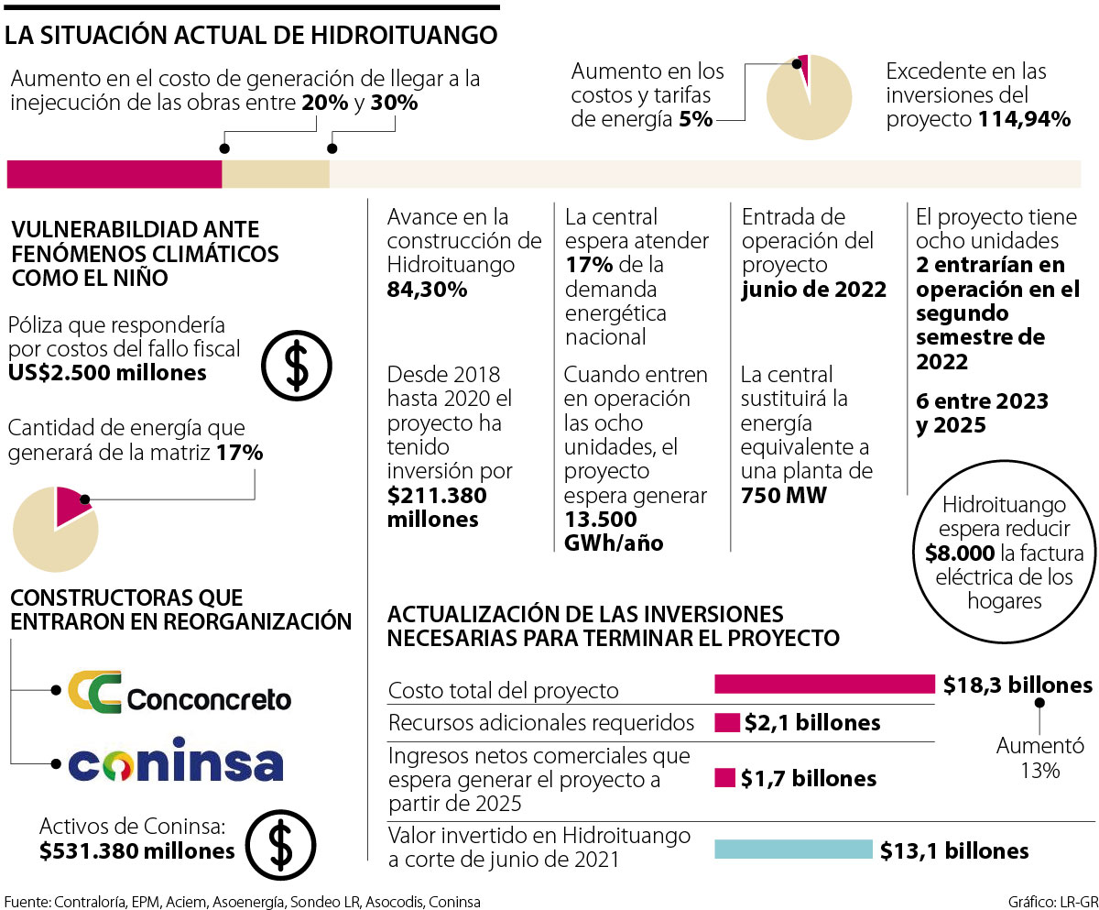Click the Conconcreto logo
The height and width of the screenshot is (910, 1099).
[180, 692]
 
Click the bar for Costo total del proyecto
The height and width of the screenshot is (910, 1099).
[824, 685]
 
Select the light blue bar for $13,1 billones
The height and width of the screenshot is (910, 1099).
[793, 850]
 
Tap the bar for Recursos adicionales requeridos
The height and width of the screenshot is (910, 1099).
[726, 723]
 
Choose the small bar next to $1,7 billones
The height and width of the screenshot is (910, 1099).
[724, 778]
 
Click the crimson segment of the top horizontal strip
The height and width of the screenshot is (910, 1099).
[114, 174]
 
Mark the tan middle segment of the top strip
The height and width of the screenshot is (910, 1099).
[276, 174]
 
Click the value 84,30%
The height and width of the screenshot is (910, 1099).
[428, 291]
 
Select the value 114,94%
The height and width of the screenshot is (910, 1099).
[1024, 119]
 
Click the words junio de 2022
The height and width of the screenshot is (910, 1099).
[814, 291]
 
